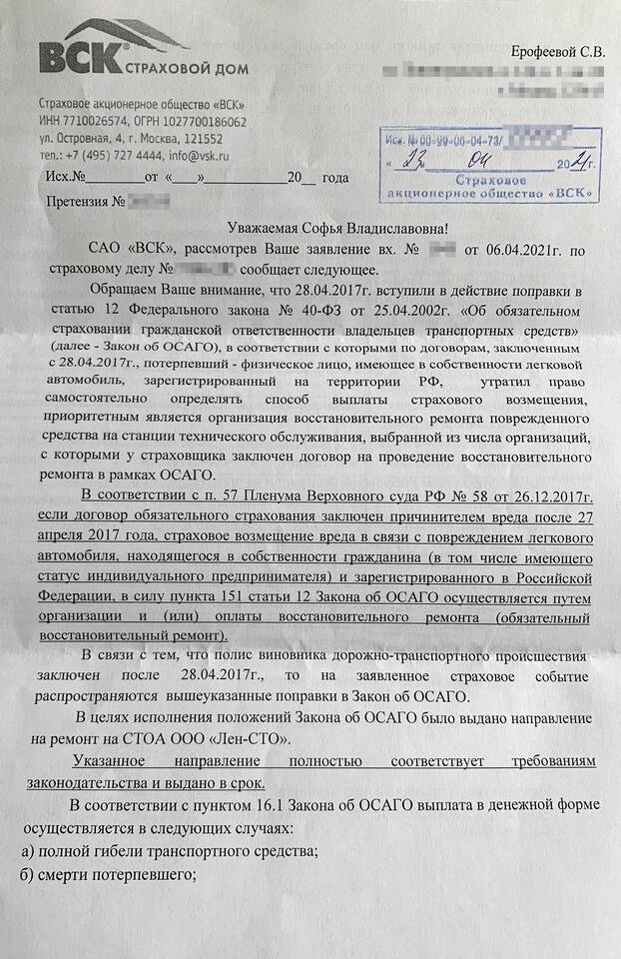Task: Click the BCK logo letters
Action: tap(79, 56)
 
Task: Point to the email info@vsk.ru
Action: tap(200, 156)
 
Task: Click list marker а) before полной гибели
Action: tap(28, 851)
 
